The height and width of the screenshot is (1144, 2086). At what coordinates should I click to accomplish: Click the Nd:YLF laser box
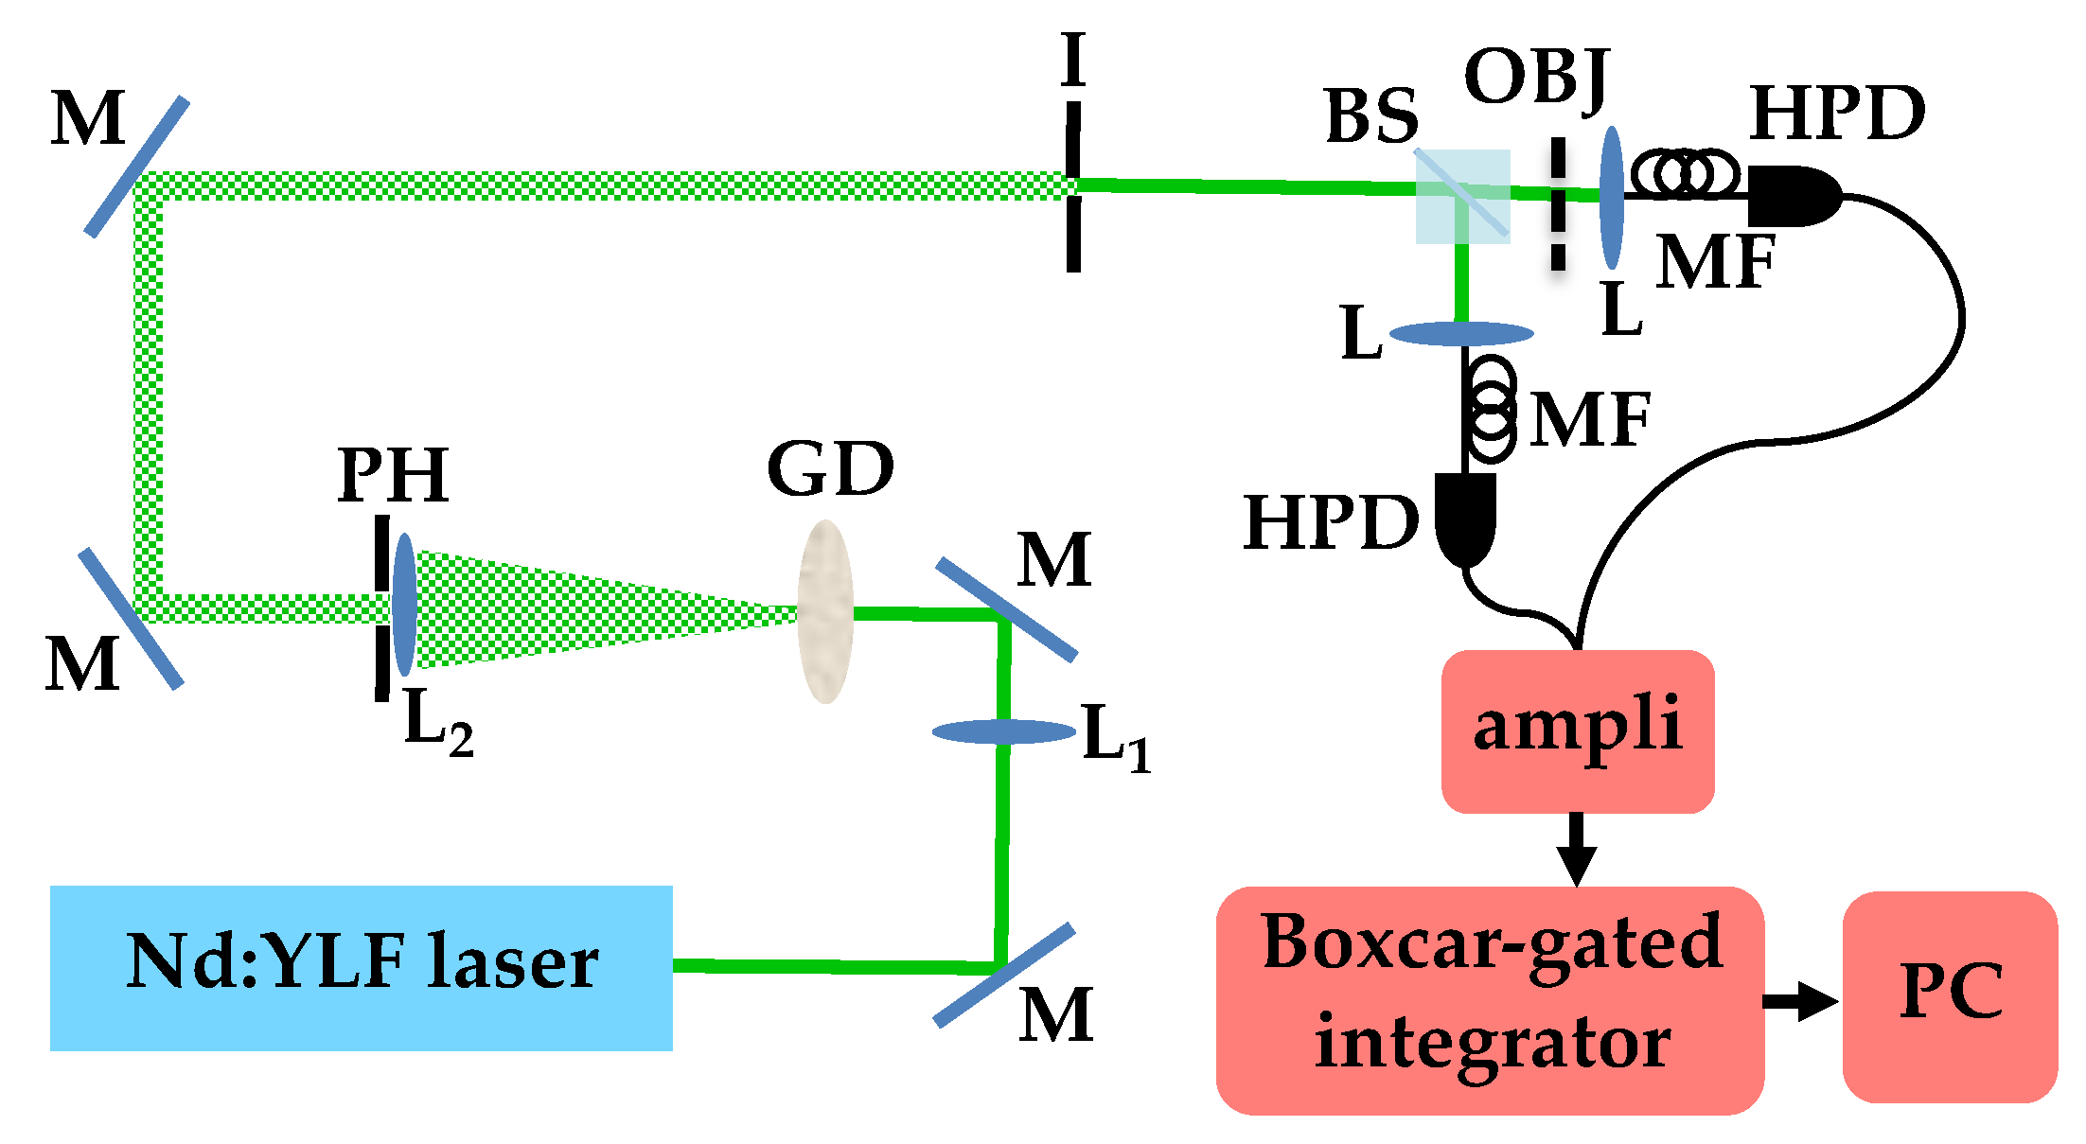point(361,967)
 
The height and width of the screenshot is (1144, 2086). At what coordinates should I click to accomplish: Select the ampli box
point(1577,730)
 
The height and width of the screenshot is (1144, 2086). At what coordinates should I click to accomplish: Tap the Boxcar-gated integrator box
point(1490,999)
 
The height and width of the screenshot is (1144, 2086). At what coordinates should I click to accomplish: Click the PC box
point(1950,995)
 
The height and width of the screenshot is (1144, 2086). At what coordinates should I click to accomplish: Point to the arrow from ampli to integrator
point(1576,848)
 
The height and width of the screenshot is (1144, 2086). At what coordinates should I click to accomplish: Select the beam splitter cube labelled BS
point(1462,196)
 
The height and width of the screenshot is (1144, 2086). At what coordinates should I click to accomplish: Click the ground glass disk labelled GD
point(825,611)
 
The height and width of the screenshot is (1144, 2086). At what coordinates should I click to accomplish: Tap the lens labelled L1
point(1004,731)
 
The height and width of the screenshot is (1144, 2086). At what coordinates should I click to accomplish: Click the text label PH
point(393,476)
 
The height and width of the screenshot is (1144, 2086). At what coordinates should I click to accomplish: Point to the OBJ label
point(1535,78)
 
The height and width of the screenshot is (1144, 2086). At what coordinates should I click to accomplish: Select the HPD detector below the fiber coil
point(1465,519)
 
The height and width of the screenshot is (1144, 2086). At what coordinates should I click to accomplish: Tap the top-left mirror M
point(137,166)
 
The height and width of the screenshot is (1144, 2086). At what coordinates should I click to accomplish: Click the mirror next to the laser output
point(1004,975)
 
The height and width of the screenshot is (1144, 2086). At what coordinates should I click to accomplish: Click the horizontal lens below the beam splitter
point(1461,333)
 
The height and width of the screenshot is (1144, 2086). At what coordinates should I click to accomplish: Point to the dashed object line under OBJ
point(1557,203)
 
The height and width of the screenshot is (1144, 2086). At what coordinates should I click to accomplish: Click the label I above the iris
point(1072,59)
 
